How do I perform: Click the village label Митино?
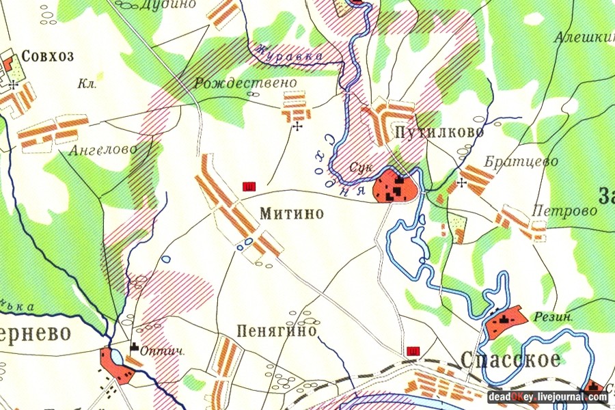(x=291, y=214)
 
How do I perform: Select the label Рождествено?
(x=245, y=83)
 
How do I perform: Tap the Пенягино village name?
(x=277, y=331)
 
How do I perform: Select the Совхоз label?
(x=48, y=56)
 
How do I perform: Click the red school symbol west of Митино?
(x=249, y=186)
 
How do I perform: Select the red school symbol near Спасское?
(x=413, y=351)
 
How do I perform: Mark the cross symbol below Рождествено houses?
(x=297, y=127)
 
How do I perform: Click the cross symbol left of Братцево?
(x=461, y=182)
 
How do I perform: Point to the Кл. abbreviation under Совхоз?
(x=87, y=85)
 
